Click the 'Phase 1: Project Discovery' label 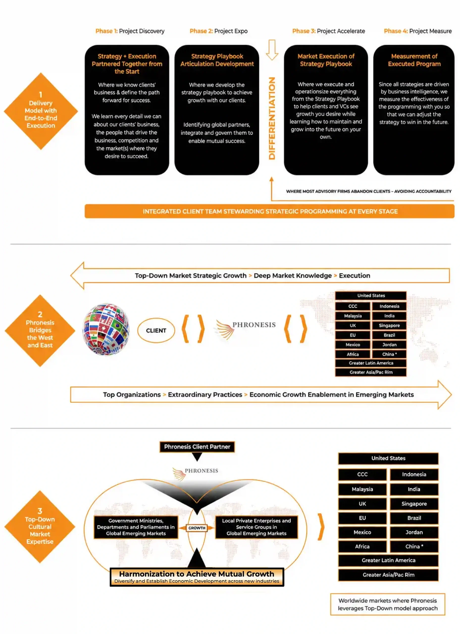coord(130,31)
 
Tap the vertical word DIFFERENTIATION coord(272,118)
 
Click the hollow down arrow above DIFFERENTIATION coord(272,50)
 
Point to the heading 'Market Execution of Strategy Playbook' coord(326,60)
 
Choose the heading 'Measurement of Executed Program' coord(414,60)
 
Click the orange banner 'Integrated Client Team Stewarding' coord(269,211)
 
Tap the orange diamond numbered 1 coord(41,111)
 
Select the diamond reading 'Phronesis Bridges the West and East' coord(40,330)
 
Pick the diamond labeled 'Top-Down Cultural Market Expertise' coord(40,527)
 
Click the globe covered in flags coord(106,329)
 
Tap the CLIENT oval coord(156,330)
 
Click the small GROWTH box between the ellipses coord(197,528)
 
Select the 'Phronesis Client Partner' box coord(197,447)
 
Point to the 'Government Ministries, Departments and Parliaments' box coord(136,527)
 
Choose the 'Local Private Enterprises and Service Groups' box coord(256,527)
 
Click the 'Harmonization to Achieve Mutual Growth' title coord(197,574)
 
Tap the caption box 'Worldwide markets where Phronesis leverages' coord(388,604)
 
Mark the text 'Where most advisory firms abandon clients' coord(338,191)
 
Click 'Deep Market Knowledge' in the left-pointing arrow coord(293,276)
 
